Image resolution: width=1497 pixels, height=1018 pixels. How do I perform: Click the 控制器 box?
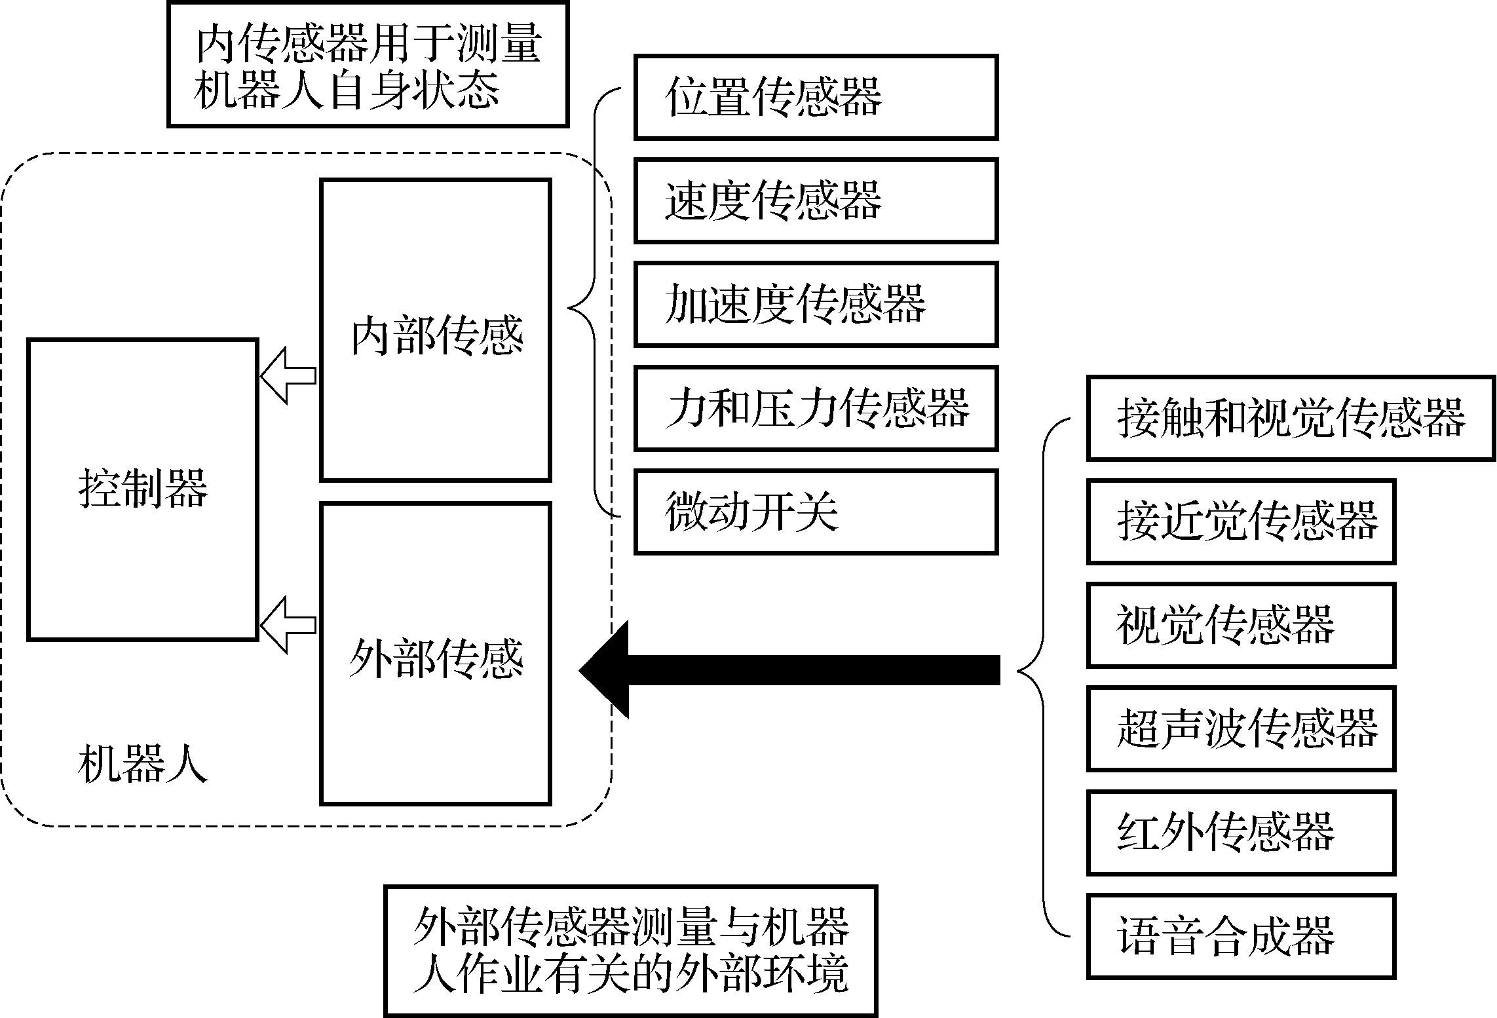[x=142, y=489]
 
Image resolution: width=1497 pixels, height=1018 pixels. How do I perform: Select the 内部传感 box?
[x=436, y=330]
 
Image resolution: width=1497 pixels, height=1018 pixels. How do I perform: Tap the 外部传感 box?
[x=436, y=653]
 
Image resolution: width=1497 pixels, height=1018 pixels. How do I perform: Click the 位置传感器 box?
[x=816, y=98]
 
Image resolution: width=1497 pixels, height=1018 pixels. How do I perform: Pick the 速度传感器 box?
[x=816, y=200]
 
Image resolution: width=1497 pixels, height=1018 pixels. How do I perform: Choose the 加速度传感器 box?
[x=816, y=304]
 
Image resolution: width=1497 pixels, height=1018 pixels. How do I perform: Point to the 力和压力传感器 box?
[x=816, y=408]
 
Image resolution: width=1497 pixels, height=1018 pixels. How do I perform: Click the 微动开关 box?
[x=816, y=512]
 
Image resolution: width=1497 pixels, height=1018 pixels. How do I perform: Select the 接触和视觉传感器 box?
[x=1291, y=418]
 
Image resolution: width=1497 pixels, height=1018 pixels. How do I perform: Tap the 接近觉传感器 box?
[x=1241, y=521]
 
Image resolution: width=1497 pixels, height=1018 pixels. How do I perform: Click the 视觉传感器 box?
[x=1241, y=625]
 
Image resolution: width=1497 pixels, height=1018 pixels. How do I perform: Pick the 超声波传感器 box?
[x=1241, y=728]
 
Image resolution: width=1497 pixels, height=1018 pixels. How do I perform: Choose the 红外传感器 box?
[x=1241, y=832]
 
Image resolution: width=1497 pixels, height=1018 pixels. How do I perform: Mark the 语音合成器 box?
[x=1241, y=935]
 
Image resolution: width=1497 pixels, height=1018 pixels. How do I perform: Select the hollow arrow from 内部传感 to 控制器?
[x=288, y=375]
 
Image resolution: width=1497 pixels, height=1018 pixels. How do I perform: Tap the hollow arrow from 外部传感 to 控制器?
[x=288, y=625]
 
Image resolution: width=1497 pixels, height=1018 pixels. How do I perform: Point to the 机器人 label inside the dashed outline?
[x=142, y=764]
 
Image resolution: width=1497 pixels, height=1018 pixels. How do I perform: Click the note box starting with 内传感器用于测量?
[x=368, y=65]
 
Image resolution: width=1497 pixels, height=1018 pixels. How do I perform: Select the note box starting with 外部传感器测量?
[x=630, y=951]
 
